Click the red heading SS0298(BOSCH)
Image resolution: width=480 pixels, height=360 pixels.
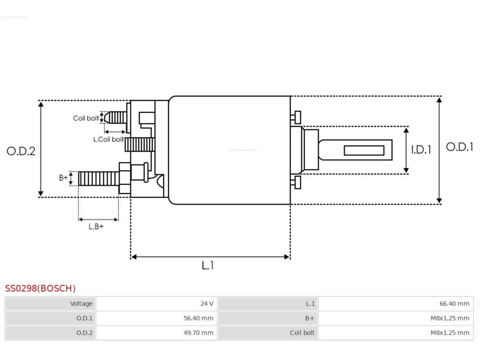40,288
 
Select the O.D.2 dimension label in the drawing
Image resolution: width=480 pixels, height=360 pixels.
21,151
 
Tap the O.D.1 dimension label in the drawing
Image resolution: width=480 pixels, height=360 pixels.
459,147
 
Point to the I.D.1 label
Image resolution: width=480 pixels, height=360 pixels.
421,150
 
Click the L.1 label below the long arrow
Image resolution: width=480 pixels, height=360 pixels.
207,265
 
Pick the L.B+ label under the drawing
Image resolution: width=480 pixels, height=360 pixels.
96,226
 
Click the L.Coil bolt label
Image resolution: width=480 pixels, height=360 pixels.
108,139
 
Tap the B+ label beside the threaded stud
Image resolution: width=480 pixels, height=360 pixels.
63,177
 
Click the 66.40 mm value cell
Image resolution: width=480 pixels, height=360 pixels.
396,304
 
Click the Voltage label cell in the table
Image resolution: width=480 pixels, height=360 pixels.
50,304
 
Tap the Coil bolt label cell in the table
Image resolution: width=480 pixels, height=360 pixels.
268,333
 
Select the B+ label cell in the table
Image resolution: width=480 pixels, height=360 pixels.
268,318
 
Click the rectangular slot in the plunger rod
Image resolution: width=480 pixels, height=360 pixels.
364,150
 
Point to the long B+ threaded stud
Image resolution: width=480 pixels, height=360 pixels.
99,178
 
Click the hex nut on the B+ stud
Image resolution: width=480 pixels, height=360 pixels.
125,178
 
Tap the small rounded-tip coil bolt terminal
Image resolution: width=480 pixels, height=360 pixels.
115,118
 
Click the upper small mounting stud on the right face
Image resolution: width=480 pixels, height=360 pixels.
296,118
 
